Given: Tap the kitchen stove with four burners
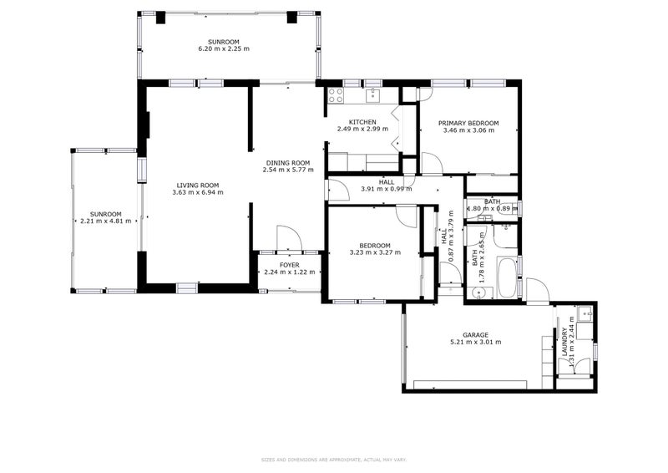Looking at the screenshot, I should (336, 94).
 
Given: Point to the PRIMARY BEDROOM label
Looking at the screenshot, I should (468, 123).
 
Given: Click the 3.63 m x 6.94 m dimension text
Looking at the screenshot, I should (198, 192).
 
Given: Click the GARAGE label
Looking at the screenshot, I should (475, 334).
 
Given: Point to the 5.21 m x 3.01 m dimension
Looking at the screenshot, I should (475, 342).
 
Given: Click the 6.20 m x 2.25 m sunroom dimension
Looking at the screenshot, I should (223, 48).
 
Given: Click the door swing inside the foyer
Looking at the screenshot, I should (286, 238).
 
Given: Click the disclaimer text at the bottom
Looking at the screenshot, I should (334, 459).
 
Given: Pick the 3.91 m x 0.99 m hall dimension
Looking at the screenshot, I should (387, 189).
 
